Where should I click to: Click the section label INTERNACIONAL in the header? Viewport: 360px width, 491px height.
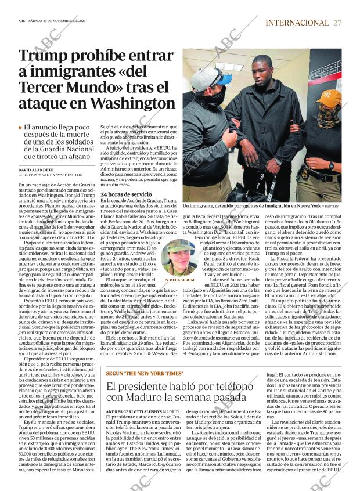(x=297, y=23)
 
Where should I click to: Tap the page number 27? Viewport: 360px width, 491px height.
(x=338, y=23)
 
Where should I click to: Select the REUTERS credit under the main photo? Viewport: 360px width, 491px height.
(x=332, y=206)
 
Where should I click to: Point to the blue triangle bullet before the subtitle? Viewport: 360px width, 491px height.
(x=21, y=127)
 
